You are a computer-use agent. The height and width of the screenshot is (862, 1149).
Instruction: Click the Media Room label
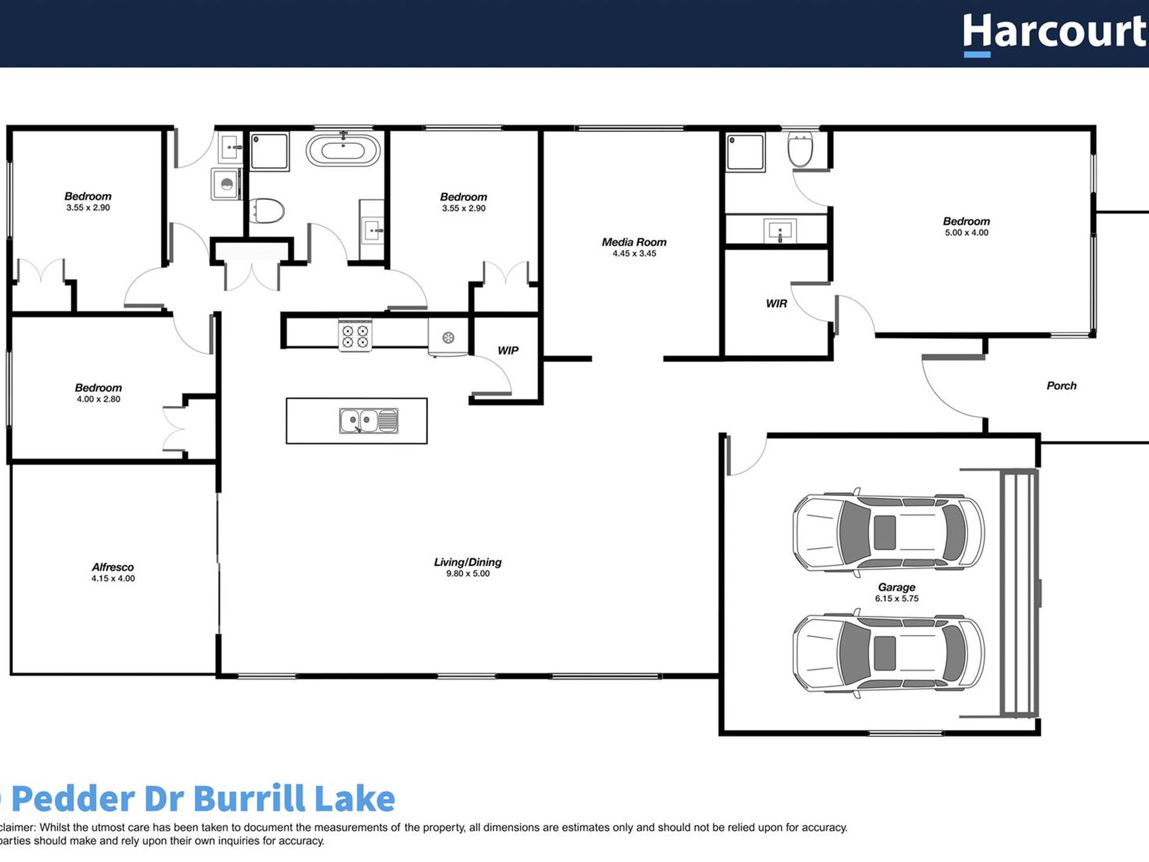pyautogui.click(x=634, y=242)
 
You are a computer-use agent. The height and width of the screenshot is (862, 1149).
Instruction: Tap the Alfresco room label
pyautogui.click(x=112, y=567)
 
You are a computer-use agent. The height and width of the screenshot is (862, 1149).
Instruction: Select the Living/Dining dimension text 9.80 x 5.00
pyautogui.click(x=468, y=573)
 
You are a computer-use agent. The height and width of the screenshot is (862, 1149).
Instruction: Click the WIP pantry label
pyautogui.click(x=508, y=350)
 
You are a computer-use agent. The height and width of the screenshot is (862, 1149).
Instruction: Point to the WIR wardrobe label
pyautogui.click(x=776, y=303)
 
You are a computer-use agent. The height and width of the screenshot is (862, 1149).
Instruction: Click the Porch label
pyautogui.click(x=1061, y=385)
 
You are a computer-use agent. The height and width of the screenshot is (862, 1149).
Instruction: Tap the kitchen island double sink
pyautogui.click(x=368, y=420)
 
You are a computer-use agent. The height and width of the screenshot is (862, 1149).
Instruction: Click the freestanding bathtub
pyautogui.click(x=343, y=149)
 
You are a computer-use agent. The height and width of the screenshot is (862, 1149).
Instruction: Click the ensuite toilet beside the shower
pyautogui.click(x=800, y=149)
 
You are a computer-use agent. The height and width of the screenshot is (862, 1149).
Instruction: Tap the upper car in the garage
pyautogui.click(x=888, y=532)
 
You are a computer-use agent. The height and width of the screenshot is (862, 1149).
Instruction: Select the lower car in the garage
pyautogui.click(x=888, y=653)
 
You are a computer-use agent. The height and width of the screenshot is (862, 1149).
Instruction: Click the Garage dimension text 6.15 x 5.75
pyautogui.click(x=896, y=598)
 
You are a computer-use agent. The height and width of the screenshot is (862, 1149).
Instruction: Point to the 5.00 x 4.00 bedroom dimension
pyautogui.click(x=966, y=232)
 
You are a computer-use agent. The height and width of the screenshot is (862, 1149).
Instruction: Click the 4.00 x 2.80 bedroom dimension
pyautogui.click(x=98, y=399)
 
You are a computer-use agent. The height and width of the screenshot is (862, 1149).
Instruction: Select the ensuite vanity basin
pyautogui.click(x=780, y=231)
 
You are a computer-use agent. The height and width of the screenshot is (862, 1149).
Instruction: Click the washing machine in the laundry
pyautogui.click(x=226, y=184)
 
